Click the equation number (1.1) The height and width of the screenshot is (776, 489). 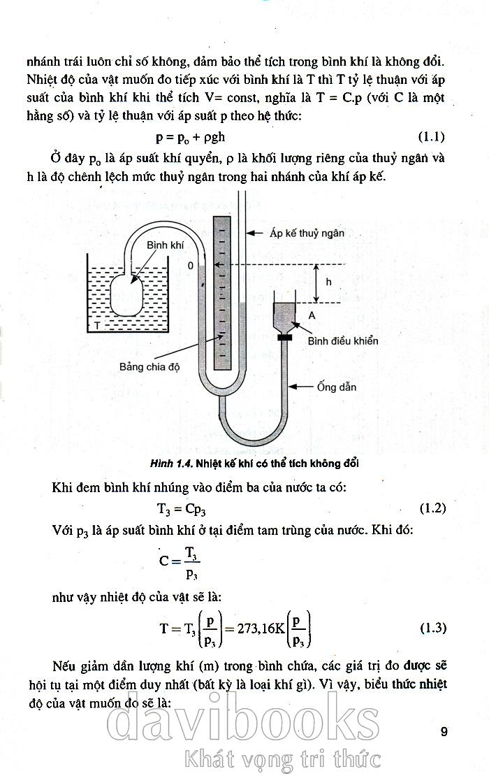point(432,136)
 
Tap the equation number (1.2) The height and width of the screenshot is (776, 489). point(432,508)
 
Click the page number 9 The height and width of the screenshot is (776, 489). point(444,731)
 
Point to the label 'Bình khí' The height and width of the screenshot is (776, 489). point(165,245)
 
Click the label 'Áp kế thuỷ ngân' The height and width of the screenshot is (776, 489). point(307,233)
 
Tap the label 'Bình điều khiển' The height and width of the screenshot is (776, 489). point(342,340)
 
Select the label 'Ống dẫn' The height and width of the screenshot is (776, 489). point(337,387)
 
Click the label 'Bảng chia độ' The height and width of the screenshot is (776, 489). point(149,367)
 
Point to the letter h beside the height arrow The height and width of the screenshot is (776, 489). point(329,282)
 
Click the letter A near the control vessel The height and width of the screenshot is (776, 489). point(312,315)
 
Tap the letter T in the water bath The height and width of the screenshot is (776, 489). point(97,325)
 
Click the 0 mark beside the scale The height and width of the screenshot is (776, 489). point(190,266)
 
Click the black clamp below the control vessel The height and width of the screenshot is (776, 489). point(284,338)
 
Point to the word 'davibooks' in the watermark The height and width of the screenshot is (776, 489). point(243,720)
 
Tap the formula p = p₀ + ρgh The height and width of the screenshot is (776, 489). point(191,137)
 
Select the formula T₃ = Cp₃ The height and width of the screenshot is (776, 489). point(182,509)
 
